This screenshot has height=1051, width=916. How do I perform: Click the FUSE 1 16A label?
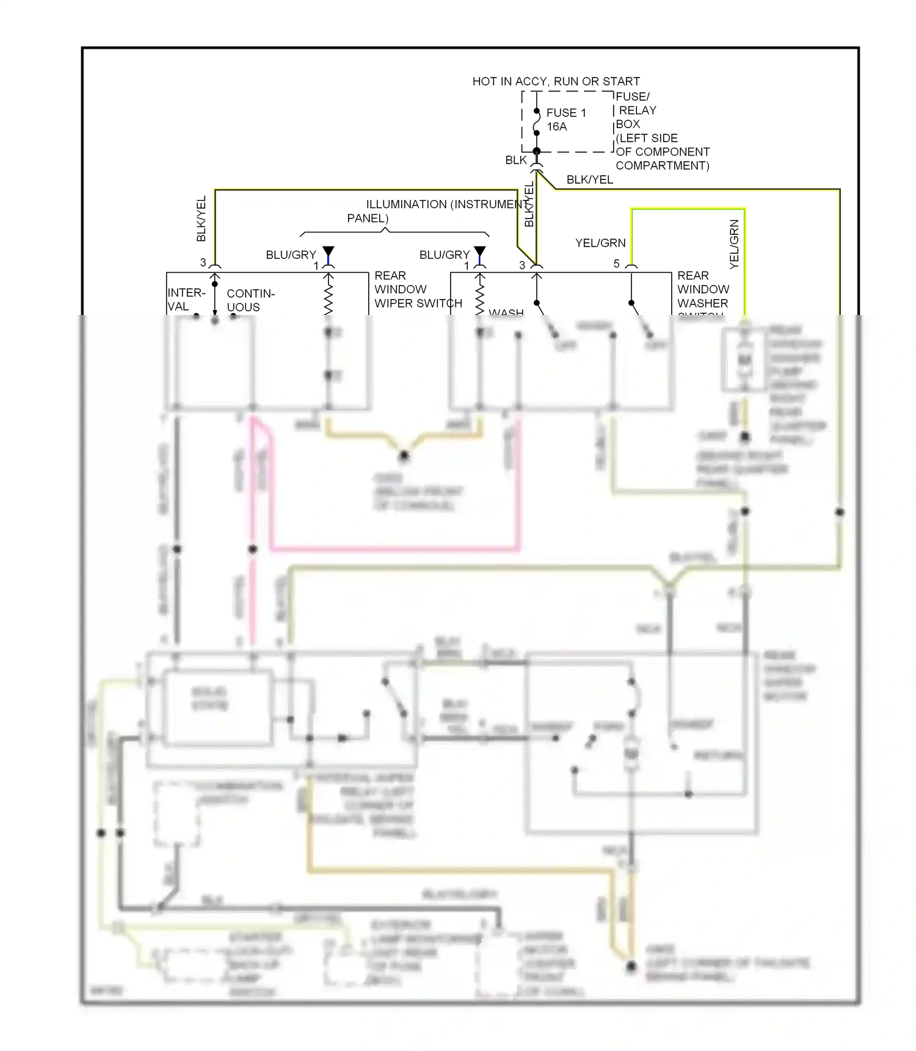(565, 120)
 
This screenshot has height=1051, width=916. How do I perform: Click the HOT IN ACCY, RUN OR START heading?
(556, 81)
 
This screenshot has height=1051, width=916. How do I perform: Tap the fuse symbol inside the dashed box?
(537, 122)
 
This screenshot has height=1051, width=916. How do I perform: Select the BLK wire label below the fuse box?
(515, 160)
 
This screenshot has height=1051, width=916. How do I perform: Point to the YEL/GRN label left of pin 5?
(600, 243)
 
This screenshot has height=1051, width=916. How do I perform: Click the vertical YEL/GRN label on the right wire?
(734, 244)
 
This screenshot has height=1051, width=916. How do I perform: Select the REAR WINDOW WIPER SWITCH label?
(418, 289)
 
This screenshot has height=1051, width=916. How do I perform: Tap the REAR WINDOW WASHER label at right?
(703, 289)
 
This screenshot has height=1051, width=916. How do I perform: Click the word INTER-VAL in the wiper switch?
(186, 299)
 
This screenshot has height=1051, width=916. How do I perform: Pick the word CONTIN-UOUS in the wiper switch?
(250, 300)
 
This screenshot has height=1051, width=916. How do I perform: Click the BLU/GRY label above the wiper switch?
(291, 255)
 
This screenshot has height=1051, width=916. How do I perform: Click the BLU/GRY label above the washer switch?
(444, 255)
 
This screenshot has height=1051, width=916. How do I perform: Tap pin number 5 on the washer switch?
(616, 264)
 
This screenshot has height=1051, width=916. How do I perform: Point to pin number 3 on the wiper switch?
(203, 262)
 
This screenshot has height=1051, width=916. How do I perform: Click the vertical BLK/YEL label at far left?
(202, 219)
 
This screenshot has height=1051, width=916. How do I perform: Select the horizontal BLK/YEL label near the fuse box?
(589, 179)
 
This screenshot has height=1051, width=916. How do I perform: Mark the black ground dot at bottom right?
(631, 966)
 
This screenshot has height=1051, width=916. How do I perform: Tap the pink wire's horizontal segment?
(394, 549)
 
